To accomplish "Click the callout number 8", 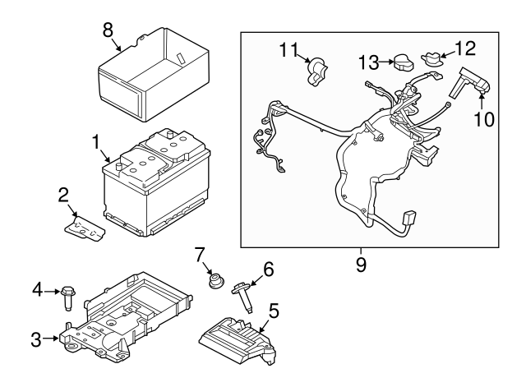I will tap(108, 29).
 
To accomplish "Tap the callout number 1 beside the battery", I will tap(97, 141).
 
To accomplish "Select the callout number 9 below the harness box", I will tap(362, 265).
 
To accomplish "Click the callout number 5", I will tap(274, 311).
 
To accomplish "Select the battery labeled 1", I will tap(156, 185).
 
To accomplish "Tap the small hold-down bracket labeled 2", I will tap(85, 226).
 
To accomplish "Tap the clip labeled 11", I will tap(315, 71).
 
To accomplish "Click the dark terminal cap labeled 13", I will tap(402, 63).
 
